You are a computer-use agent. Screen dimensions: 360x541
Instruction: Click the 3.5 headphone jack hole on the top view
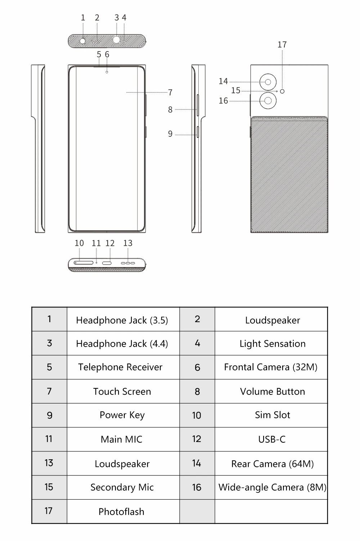pyautogui.click(x=83, y=41)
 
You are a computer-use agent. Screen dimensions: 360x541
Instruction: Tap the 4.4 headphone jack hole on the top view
pyautogui.click(x=116, y=40)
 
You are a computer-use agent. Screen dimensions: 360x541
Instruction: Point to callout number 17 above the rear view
pyautogui.click(x=282, y=45)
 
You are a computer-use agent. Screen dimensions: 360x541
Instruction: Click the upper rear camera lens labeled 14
pyautogui.click(x=268, y=82)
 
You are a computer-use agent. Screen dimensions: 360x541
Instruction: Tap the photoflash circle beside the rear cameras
pyautogui.click(x=282, y=91)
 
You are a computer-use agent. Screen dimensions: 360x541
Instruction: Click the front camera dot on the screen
pyautogui.click(x=107, y=72)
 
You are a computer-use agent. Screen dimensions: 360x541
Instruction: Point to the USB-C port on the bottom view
pyautogui.click(x=107, y=263)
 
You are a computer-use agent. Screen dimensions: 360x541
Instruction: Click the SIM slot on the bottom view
pyautogui.click(x=84, y=263)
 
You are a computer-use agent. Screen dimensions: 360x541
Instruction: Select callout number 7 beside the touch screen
pyautogui.click(x=170, y=93)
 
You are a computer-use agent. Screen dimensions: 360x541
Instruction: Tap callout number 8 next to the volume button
pyautogui.click(x=170, y=110)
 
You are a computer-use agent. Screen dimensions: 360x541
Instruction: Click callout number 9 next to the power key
pyautogui.click(x=170, y=134)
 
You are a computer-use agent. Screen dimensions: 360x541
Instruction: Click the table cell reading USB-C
pyautogui.click(x=271, y=439)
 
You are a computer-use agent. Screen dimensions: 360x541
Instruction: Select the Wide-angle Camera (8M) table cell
pyautogui.click(x=271, y=487)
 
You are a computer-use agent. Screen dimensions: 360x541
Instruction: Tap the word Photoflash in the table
pyautogui.click(x=121, y=512)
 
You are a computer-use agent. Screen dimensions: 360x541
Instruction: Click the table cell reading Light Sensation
pyautogui.click(x=271, y=343)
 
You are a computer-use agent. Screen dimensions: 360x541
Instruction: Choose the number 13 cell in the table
pyautogui.click(x=49, y=463)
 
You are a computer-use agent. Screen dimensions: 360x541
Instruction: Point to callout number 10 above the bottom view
pyautogui.click(x=79, y=243)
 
